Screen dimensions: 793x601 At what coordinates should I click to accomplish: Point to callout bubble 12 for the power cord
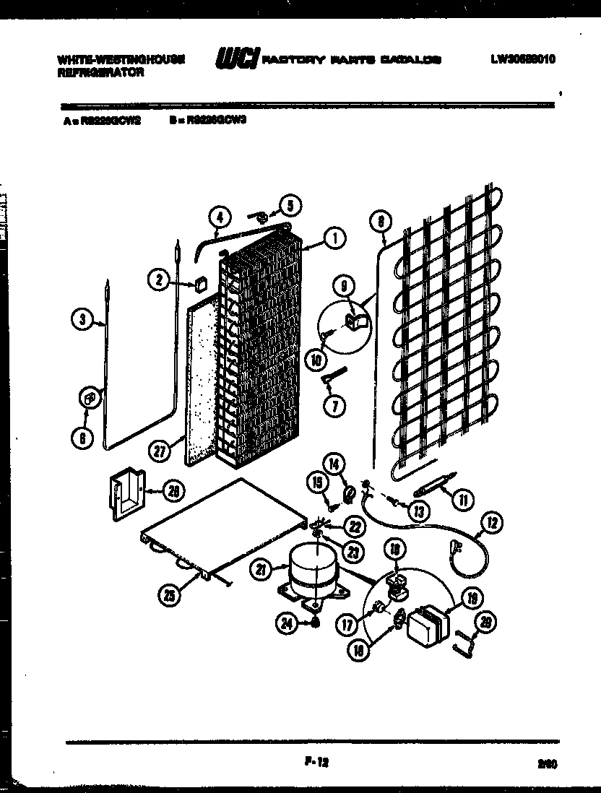[x=493, y=523]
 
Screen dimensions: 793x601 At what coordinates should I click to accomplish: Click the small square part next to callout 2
[x=199, y=283]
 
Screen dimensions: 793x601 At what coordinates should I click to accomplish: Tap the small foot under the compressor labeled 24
[x=315, y=623]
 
